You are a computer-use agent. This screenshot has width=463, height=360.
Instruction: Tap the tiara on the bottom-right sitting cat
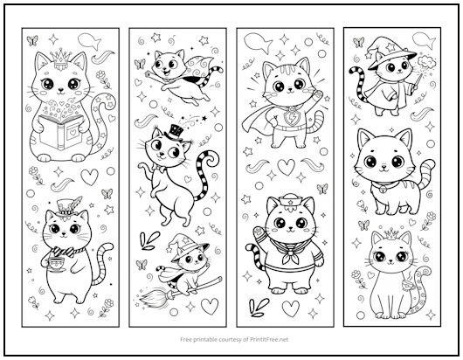[385, 235]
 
